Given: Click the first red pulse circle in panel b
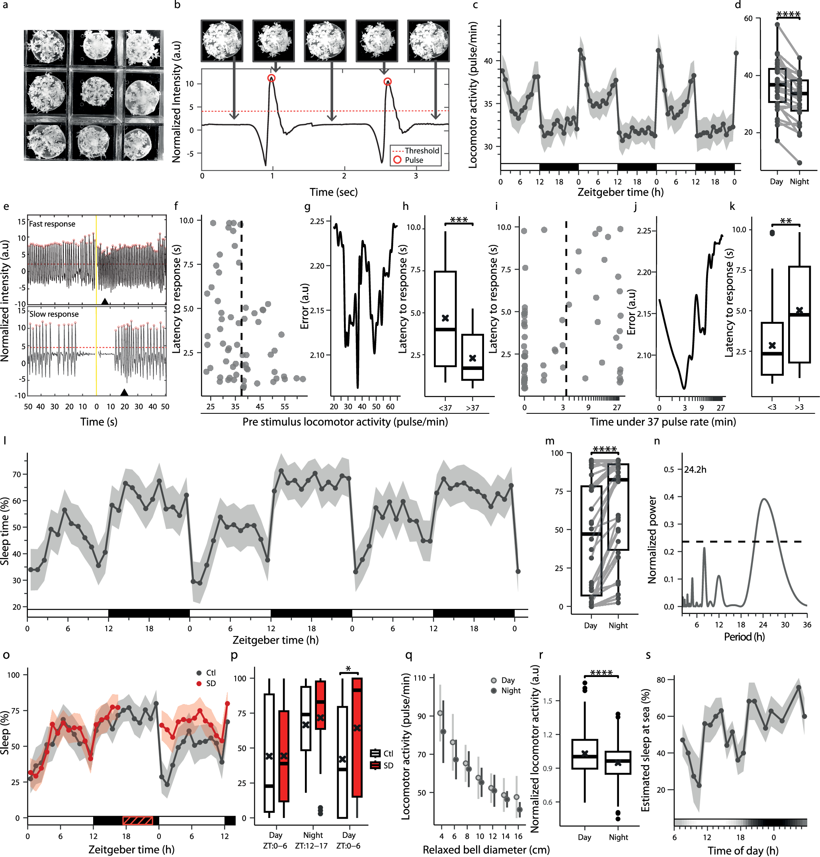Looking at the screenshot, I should tap(271, 79).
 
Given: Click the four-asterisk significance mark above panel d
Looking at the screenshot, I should tap(788, 14).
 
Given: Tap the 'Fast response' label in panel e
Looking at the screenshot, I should tap(52, 224).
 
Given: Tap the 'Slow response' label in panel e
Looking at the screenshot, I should tap(54, 314).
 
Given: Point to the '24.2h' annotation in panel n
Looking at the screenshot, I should tap(695, 470).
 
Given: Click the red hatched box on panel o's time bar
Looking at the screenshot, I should tap(138, 820).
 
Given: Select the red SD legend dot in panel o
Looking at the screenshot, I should tap(199, 683).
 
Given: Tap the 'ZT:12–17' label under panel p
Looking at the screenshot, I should tap(311, 845).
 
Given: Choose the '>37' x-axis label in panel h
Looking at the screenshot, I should tap(472, 407).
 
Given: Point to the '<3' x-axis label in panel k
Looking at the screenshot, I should tap(772, 407).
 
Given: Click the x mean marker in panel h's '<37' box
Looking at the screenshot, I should tap(445, 318).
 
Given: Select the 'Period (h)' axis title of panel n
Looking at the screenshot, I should tap(744, 636).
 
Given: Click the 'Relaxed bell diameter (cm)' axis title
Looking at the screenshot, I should tap(486, 849).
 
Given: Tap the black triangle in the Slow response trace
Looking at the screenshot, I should tap(124, 392).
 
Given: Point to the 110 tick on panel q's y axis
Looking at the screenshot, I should tap(419, 678).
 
